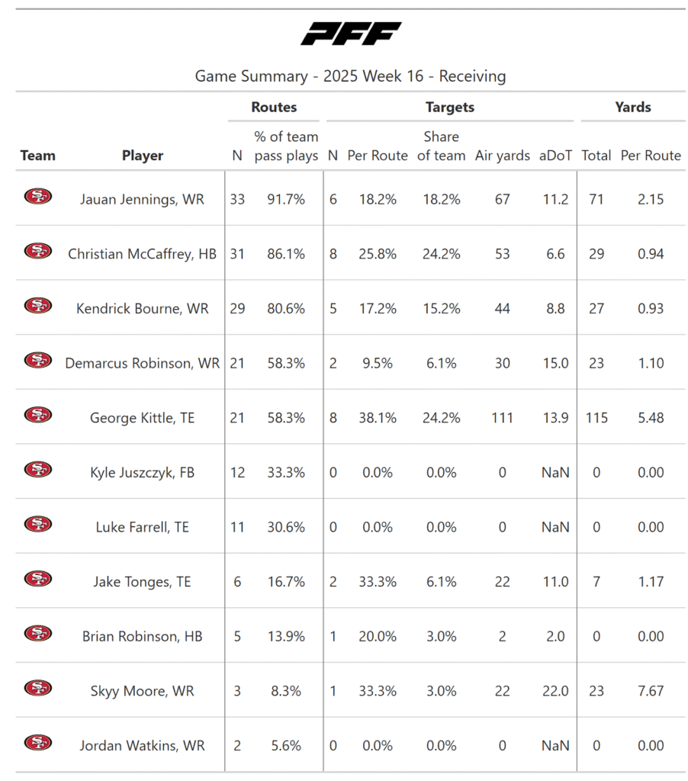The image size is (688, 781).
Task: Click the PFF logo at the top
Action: click(351, 33)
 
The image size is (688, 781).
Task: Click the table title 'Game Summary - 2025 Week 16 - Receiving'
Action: click(350, 76)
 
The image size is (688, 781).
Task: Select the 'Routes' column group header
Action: click(274, 108)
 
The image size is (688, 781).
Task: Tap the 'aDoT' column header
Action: click(555, 156)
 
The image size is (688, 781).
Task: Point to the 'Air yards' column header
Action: click(502, 156)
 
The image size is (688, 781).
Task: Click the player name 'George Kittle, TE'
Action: click(143, 418)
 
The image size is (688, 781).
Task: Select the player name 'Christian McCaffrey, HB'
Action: click(143, 254)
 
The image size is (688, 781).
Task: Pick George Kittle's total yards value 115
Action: click(596, 418)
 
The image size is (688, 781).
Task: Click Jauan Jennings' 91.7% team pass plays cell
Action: click(286, 199)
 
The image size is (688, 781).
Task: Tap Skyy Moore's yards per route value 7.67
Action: click(651, 691)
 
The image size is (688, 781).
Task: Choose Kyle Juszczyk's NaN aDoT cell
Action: click(555, 473)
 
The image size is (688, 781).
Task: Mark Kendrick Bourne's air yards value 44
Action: click(502, 309)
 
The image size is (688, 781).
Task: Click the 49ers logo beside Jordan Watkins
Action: click(37, 743)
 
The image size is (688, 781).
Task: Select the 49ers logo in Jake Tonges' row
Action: click(37, 579)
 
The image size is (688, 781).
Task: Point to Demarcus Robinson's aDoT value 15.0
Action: click(555, 364)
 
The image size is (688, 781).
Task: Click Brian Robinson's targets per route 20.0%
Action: click(378, 637)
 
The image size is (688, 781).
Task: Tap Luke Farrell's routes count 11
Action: click(237, 528)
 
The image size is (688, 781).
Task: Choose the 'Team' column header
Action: click(37, 156)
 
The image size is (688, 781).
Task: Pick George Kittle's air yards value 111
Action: click(502, 418)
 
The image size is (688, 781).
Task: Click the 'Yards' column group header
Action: click(633, 108)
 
